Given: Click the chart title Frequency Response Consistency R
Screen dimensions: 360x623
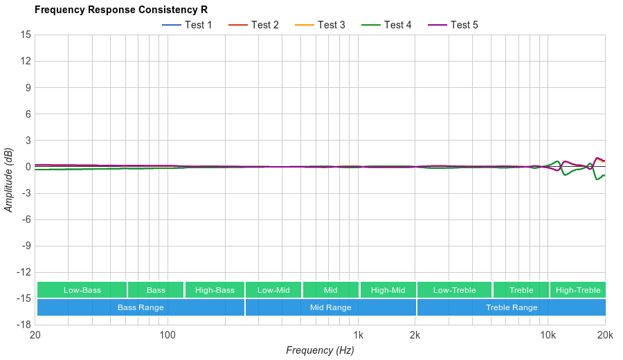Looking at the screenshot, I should click(120, 10).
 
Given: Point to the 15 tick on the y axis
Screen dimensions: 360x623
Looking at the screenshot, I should click(26, 35).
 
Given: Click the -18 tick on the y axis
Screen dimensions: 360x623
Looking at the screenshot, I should click(24, 324).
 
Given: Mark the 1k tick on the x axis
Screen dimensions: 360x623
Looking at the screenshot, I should click(357, 335).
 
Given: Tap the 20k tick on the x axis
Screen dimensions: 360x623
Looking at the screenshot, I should click(604, 335).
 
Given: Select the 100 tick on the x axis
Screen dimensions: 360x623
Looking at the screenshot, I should click(168, 335).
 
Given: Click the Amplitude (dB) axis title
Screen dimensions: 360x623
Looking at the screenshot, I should click(8, 180).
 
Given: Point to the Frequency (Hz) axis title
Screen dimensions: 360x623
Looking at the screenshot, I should click(320, 350).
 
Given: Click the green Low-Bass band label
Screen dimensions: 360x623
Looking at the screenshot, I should click(82, 290).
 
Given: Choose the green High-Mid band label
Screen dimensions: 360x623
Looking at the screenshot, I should click(388, 290).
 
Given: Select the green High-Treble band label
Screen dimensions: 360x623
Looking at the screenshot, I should click(578, 290).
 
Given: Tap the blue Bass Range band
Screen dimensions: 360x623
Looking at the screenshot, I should click(141, 307).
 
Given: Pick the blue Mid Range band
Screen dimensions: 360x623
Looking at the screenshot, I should click(330, 307).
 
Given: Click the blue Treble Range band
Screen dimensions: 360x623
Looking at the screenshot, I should click(512, 307).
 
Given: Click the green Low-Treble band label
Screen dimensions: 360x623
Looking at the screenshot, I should click(454, 290).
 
